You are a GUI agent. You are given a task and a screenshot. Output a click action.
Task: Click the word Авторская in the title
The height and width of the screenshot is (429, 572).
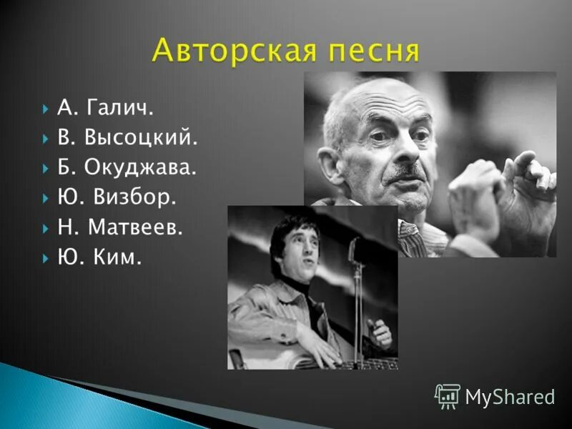tap(228, 52)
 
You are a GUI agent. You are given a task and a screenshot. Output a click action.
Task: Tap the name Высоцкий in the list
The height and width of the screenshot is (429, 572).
tap(140, 139)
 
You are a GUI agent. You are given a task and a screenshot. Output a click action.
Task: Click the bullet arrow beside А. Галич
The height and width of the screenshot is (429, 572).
tap(45, 109)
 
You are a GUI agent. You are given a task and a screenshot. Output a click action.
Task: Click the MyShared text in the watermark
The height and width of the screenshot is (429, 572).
tap(510, 396)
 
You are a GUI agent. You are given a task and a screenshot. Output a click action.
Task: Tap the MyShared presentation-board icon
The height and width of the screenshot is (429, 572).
tap(448, 395)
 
